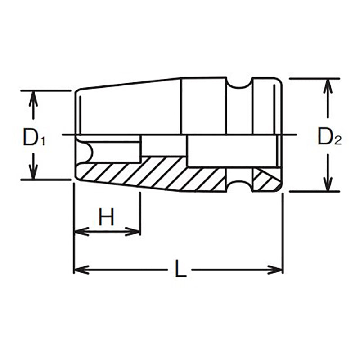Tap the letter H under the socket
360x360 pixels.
tap(107, 217)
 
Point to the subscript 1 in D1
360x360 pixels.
tap(43, 142)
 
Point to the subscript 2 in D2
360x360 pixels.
tap(339, 141)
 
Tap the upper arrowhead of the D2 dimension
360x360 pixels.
tap(329, 86)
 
